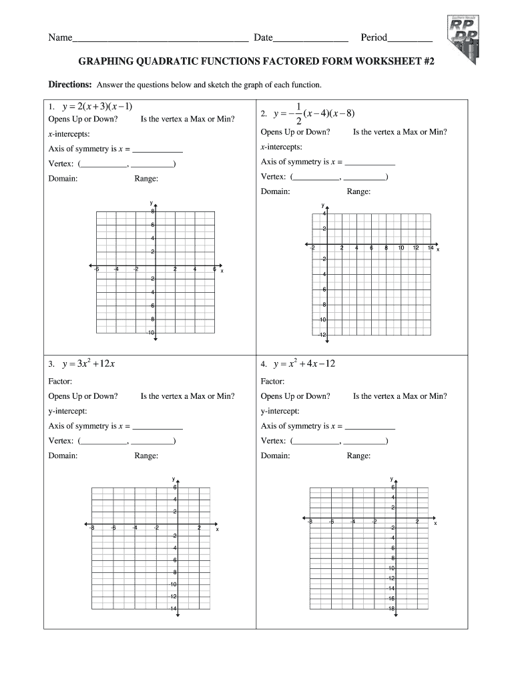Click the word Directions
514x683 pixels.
(70, 85)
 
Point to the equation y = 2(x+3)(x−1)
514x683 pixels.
(97, 107)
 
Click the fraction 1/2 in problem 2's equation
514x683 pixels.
(298, 114)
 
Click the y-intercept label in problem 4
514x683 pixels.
(280, 411)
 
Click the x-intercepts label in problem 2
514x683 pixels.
(281, 147)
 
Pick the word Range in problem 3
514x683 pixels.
(146, 456)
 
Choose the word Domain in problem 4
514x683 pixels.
(275, 456)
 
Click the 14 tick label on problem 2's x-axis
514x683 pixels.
(431, 248)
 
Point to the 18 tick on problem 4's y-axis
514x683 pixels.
(393, 608)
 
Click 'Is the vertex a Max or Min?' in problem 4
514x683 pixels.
(400, 396)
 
